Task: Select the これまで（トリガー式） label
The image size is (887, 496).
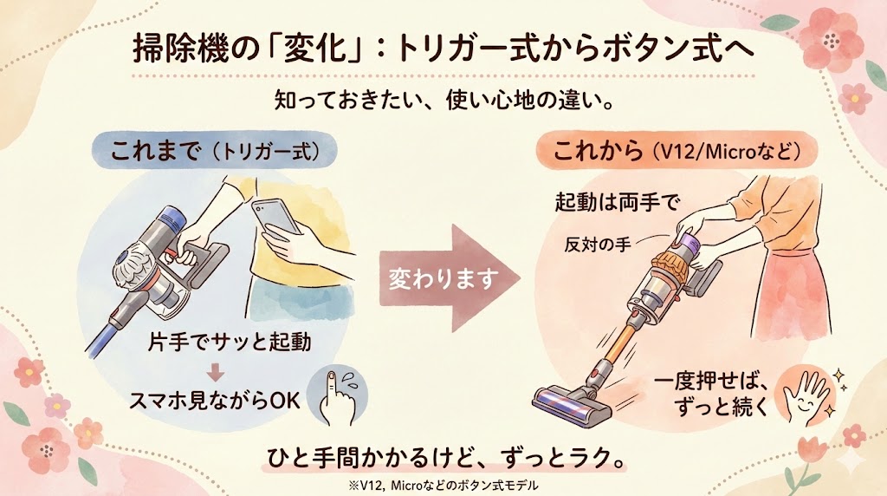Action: [x=223, y=150]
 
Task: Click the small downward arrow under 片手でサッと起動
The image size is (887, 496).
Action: [x=217, y=374]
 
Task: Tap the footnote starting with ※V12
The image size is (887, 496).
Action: [x=443, y=484]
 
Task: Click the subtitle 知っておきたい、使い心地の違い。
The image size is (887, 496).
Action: [x=443, y=101]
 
